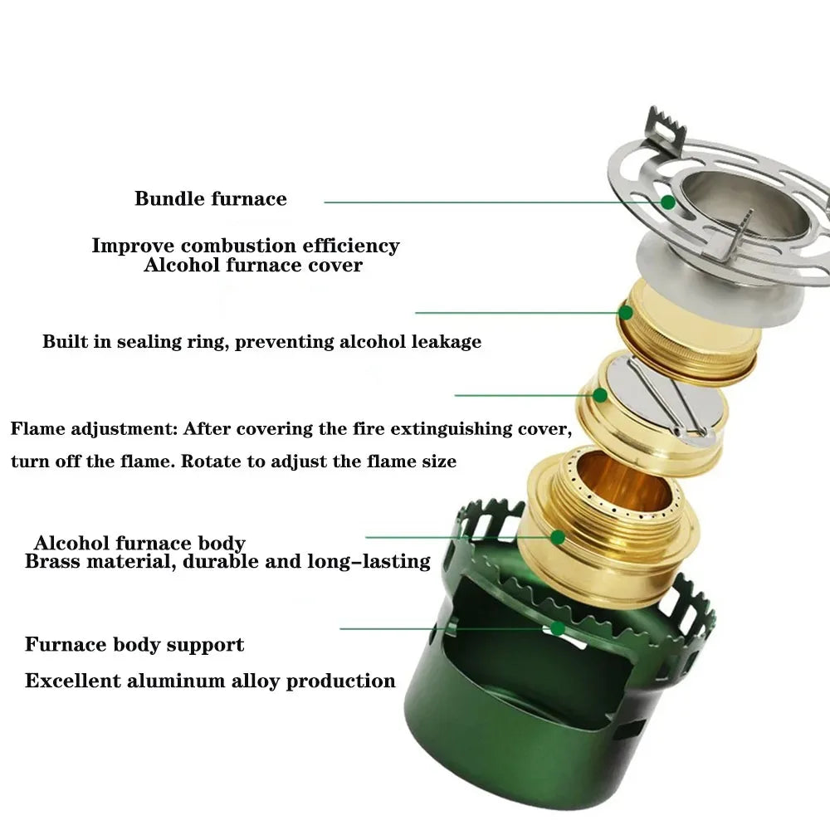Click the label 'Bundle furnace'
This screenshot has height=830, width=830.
(x=211, y=199)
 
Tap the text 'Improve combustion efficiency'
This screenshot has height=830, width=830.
(x=245, y=246)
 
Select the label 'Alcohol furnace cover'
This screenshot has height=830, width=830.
(x=253, y=266)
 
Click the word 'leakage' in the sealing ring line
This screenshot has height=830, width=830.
(x=446, y=342)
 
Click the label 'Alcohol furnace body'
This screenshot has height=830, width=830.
(x=139, y=544)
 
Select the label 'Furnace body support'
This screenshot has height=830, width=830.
(x=134, y=645)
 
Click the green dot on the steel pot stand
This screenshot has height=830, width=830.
(x=667, y=202)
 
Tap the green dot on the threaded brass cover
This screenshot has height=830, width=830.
(x=626, y=313)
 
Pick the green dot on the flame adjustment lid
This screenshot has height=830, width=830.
(x=599, y=395)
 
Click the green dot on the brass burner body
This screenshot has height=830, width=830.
(x=558, y=537)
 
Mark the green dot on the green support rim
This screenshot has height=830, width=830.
(x=559, y=628)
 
